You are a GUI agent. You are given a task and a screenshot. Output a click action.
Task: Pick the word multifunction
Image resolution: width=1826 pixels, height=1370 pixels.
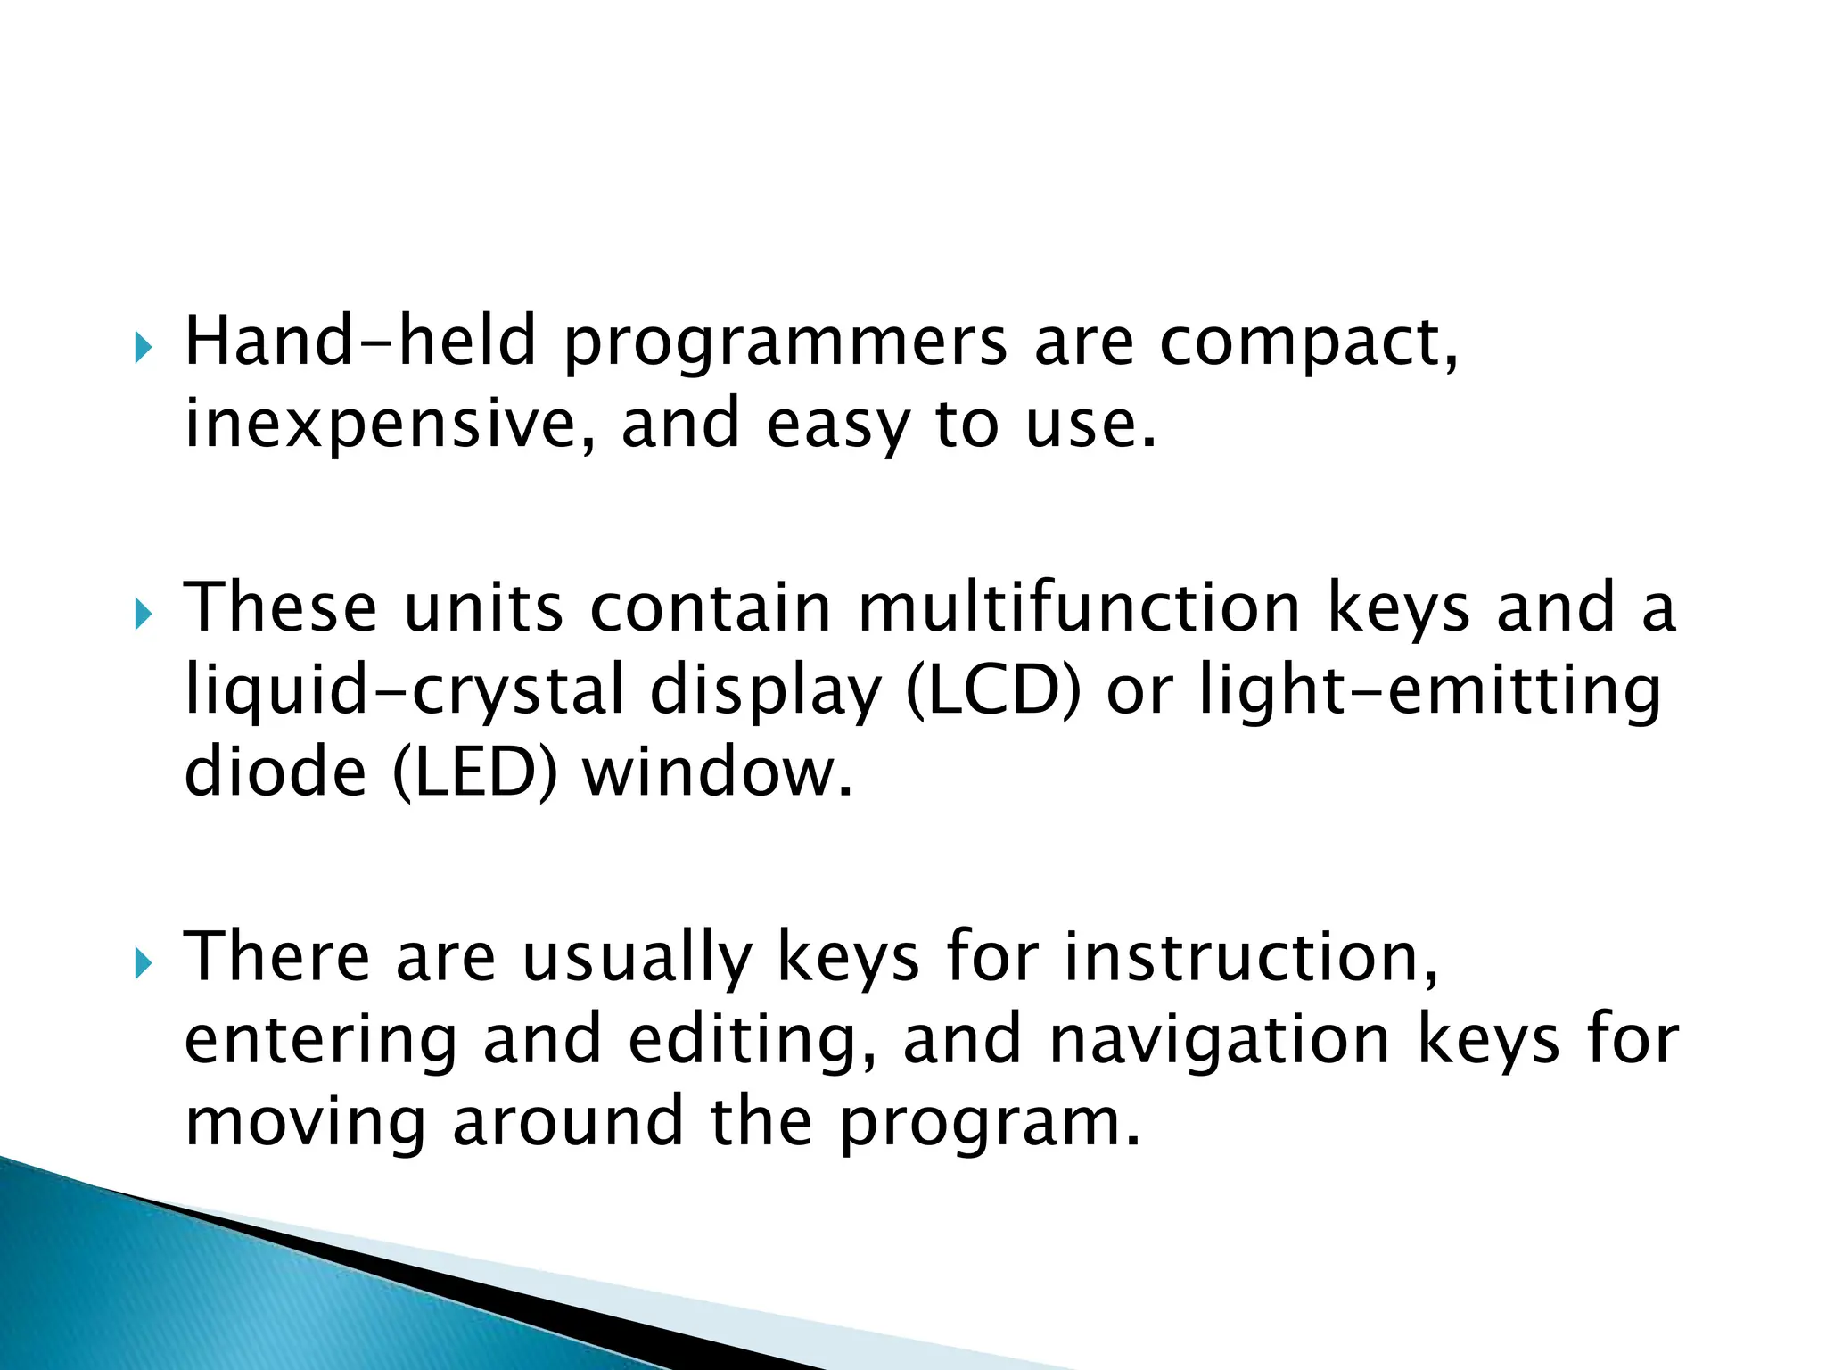(1080, 608)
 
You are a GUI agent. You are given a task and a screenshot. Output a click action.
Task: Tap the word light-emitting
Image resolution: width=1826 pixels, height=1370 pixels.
(1430, 691)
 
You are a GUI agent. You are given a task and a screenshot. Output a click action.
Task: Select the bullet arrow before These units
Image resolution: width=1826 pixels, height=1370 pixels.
(144, 615)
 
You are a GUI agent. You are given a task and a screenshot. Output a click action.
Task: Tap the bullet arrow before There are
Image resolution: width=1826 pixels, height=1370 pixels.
(144, 964)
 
